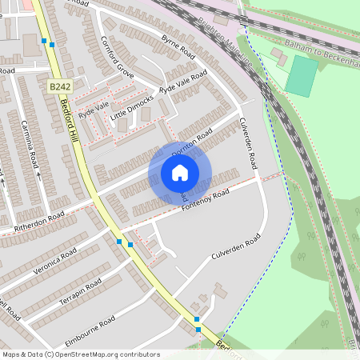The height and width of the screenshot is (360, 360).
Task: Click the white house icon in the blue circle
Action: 179,173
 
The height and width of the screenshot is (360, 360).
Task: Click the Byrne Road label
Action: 178,49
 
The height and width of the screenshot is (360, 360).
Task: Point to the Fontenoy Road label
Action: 205,199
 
